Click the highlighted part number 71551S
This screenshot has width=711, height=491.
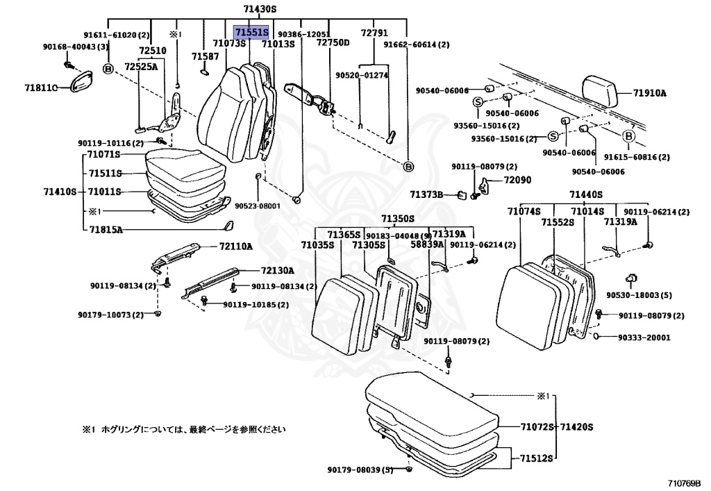pos(251,32)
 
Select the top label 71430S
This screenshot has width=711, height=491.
pos(260,9)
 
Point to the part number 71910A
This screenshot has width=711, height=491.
pos(649,92)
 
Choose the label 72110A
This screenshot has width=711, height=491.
pos(236,247)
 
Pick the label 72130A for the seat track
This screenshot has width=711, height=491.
pos(277,270)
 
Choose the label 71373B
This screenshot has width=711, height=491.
pos(426,195)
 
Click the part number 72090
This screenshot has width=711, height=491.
pos(517,180)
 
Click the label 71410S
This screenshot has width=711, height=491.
pos(60,191)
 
